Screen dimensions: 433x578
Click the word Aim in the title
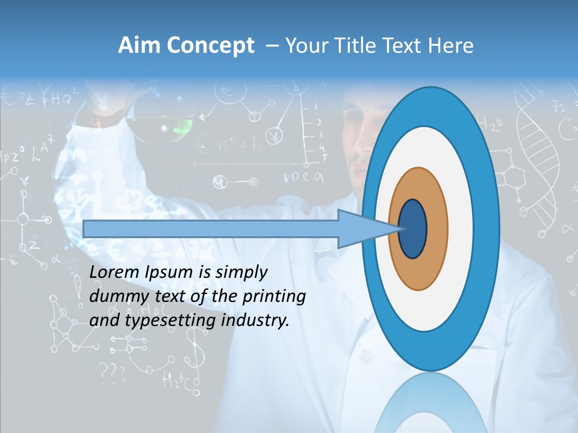click(139, 46)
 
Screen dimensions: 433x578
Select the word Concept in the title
click(210, 46)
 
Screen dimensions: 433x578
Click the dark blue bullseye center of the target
click(413, 229)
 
